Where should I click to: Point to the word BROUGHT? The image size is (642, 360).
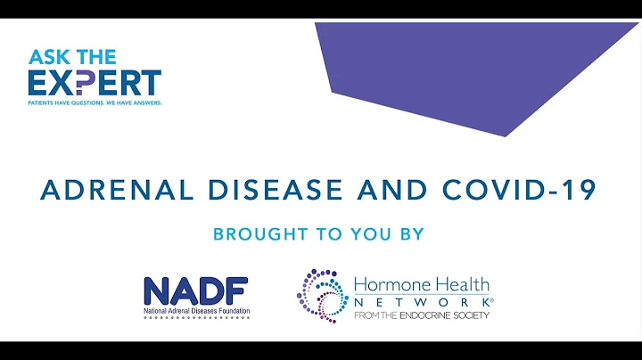[252, 235]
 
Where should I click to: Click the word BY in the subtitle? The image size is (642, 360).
[410, 235]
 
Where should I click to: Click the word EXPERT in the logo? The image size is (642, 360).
[94, 83]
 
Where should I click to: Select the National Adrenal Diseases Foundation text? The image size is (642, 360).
[196, 312]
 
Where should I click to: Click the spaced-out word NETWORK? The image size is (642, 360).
[419, 303]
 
